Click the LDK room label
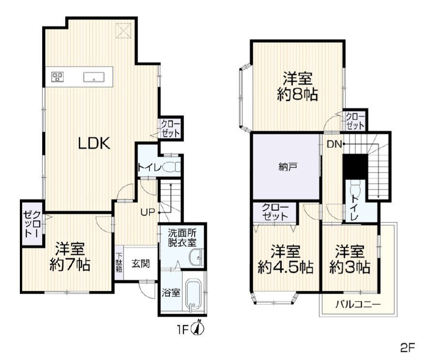(x=95, y=143)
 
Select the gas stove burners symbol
(x=58, y=76)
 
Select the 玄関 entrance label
(x=140, y=265)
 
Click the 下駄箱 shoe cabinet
(x=119, y=264)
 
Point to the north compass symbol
(x=199, y=328)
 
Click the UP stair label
(x=148, y=212)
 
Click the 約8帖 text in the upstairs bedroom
(x=297, y=95)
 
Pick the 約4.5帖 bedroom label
(x=285, y=267)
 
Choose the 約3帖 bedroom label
(x=349, y=267)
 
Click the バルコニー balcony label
(x=358, y=305)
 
